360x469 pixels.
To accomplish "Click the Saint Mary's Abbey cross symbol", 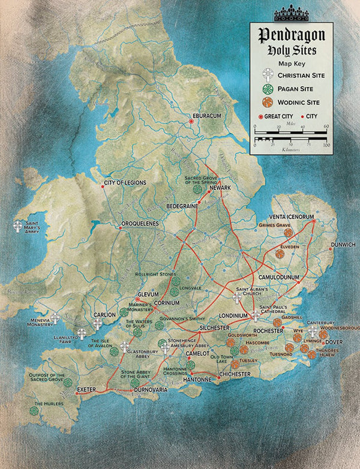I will [x=18, y=227].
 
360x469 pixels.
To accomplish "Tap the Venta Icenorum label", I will [x=293, y=216].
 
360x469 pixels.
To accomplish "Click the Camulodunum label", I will [x=279, y=278].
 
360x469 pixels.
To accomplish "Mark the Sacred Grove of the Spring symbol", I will [x=198, y=188].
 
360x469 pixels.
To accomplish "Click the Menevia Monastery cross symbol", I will [x=56, y=317].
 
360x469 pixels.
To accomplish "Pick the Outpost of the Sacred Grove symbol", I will [x=67, y=382].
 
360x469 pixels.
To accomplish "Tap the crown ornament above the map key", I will [x=290, y=14].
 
